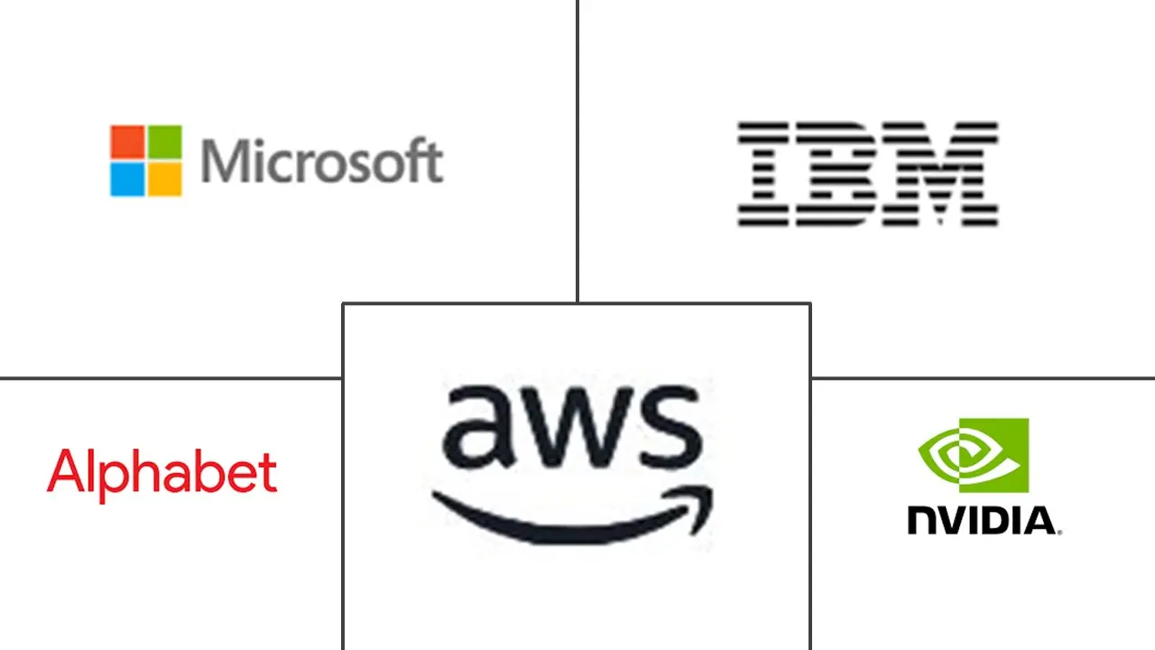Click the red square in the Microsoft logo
(127, 142)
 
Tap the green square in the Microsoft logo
(164, 142)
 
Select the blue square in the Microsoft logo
(127, 179)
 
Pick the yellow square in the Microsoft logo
(164, 179)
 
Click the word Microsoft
(321, 162)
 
